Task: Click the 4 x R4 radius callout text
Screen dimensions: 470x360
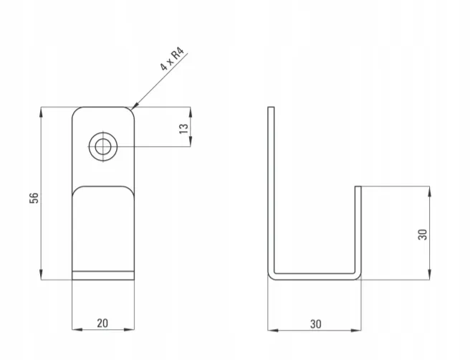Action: pyautogui.click(x=172, y=59)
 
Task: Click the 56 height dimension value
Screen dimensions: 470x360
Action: pyautogui.click(x=34, y=198)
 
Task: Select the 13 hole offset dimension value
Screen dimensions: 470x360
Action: pyautogui.click(x=183, y=128)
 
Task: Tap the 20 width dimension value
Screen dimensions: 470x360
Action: pyautogui.click(x=102, y=323)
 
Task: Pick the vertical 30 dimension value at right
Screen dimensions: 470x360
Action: pyautogui.click(x=422, y=235)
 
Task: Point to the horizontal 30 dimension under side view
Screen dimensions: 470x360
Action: pyautogui.click(x=316, y=324)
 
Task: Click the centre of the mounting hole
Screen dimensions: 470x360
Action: pyautogui.click(x=103, y=147)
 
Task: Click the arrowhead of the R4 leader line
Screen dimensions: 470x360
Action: pyautogui.click(x=134, y=105)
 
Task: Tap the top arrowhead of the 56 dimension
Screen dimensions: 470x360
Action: pyautogui.click(x=41, y=112)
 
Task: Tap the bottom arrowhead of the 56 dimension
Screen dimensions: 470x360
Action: pyautogui.click(x=41, y=275)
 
